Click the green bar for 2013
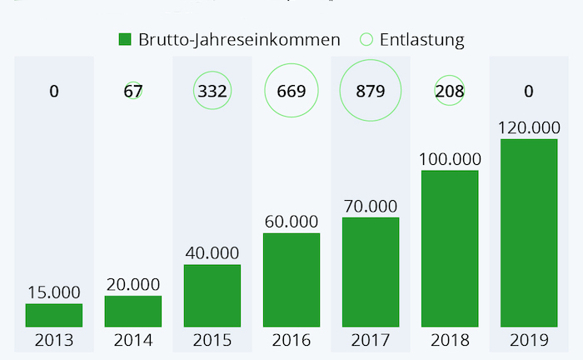(x=54, y=315)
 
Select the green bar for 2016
(x=291, y=280)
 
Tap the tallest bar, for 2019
(x=529, y=232)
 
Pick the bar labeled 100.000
(x=450, y=248)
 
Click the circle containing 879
(x=371, y=91)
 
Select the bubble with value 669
(x=291, y=91)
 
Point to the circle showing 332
(x=212, y=91)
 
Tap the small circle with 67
(x=133, y=91)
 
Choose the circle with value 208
(x=450, y=91)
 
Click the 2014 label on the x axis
(x=133, y=341)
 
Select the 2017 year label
(x=371, y=341)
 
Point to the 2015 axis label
(x=212, y=341)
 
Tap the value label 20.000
(x=133, y=284)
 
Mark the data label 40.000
(x=212, y=252)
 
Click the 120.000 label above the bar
(x=529, y=127)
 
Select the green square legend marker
(x=125, y=39)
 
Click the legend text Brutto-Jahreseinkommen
(x=240, y=39)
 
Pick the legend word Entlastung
(x=422, y=39)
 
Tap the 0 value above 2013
(x=54, y=91)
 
